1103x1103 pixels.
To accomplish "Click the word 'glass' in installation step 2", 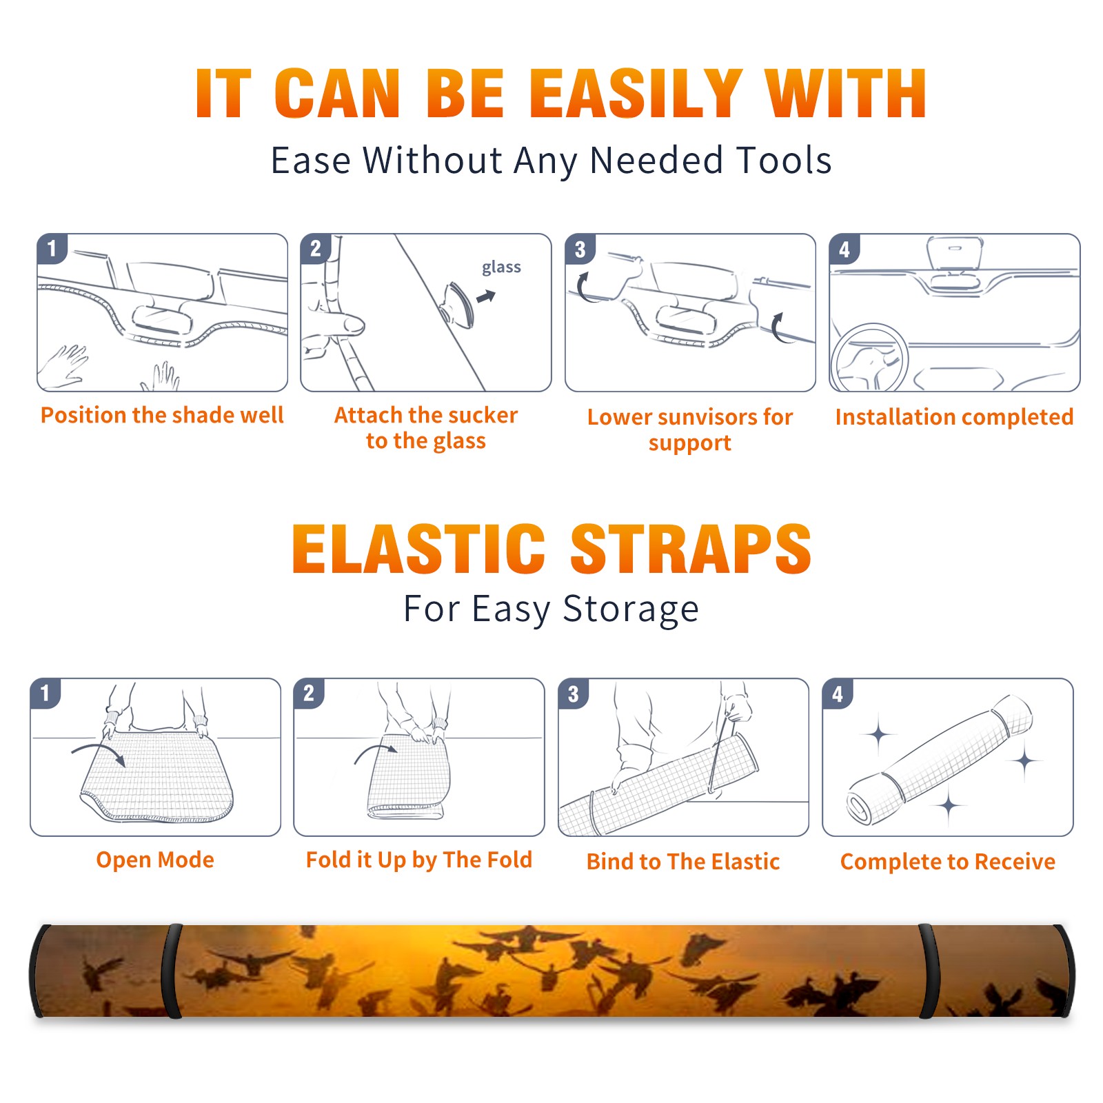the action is [501, 267].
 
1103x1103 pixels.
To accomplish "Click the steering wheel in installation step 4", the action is [869, 358].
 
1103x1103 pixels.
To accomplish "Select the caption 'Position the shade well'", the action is [162, 415].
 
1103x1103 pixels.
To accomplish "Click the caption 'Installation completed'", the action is [954, 417].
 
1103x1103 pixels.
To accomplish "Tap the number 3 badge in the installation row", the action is [580, 250].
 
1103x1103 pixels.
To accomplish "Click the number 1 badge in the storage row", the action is [45, 693].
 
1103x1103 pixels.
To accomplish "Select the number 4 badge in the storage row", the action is [838, 694].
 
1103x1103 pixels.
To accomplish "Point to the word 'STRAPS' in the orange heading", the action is [691, 549].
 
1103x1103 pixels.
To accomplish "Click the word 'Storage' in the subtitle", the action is [631, 609].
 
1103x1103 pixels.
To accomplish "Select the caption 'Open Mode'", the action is [155, 860].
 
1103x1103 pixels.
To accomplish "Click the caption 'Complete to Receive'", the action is [948, 862].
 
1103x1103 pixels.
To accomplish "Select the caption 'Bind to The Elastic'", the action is [683, 862].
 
